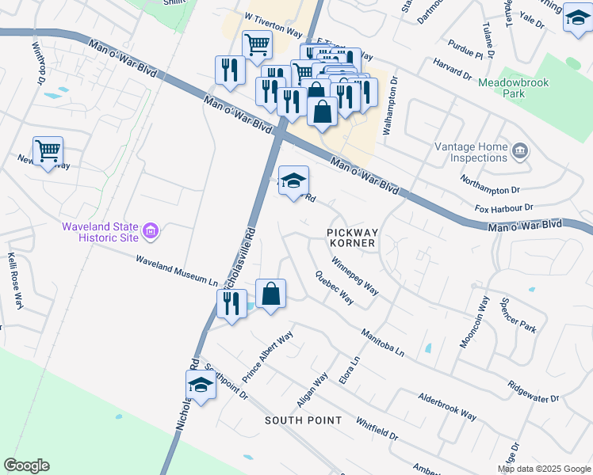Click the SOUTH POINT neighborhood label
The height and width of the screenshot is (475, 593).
coord(304,420)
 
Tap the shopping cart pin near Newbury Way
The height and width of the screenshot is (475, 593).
coord(48,150)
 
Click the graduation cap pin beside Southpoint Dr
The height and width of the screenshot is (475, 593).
coord(201,386)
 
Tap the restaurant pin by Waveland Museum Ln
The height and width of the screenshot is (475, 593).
coord(231,303)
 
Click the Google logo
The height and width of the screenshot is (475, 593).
coord(26,465)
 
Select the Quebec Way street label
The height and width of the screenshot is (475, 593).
coord(335,290)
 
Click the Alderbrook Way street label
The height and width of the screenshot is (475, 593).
coord(447,405)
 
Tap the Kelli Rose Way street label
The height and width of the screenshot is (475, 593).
coord(13,282)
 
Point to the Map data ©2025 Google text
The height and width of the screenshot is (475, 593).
coord(543,469)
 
